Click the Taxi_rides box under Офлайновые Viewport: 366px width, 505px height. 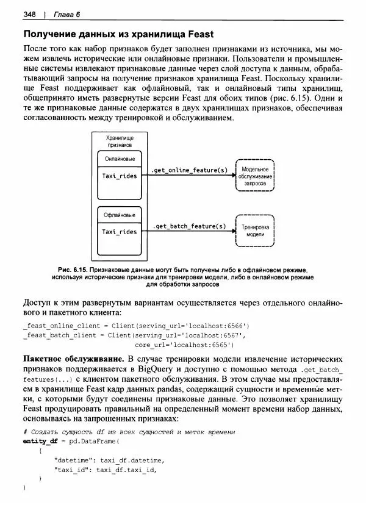coord(120,232)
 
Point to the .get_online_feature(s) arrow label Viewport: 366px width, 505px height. coord(189,169)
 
